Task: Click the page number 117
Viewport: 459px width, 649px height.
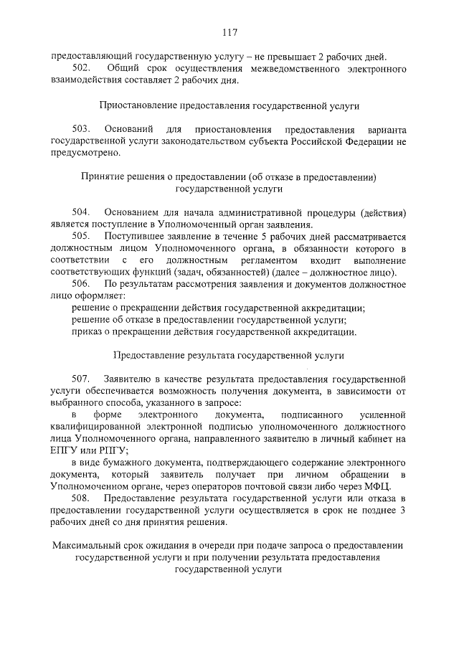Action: click(229, 32)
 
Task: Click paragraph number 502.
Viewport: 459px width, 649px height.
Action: click(80, 68)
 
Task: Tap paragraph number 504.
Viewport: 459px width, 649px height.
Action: click(80, 212)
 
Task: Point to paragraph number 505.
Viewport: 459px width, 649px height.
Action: click(80, 236)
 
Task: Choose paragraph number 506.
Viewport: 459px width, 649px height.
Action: click(80, 284)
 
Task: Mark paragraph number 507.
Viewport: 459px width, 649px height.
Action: click(80, 377)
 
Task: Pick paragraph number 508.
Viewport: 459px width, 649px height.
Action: click(80, 498)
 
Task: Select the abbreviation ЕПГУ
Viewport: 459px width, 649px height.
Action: click(65, 450)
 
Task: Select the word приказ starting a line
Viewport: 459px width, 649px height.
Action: click(86, 332)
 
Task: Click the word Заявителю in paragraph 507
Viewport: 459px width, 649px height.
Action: click(126, 377)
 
